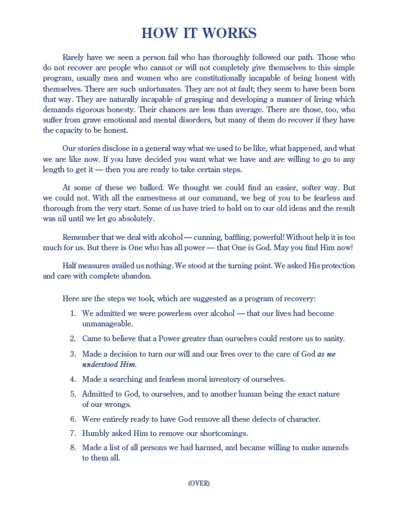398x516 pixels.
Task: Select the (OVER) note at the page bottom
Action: click(x=199, y=483)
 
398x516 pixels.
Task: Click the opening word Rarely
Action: click(x=75, y=57)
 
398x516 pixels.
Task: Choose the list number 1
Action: click(x=73, y=313)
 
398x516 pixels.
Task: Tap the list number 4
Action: click(x=73, y=379)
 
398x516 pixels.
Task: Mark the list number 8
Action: click(x=73, y=448)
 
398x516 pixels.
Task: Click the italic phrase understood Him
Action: click(x=109, y=364)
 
